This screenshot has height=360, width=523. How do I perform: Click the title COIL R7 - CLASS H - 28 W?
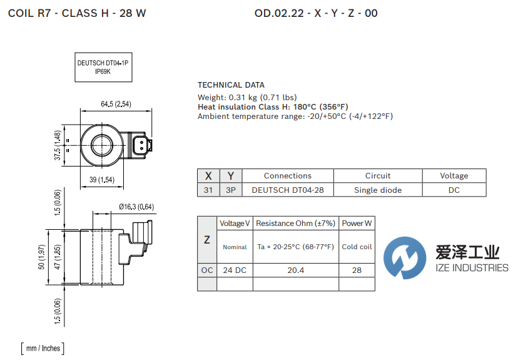(x=77, y=13)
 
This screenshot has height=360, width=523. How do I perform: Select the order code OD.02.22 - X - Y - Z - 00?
(x=316, y=13)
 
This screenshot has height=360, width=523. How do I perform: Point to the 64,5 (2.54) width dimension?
(x=115, y=104)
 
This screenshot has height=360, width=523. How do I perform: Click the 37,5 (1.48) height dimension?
(x=58, y=145)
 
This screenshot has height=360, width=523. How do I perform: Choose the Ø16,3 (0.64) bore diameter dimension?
(x=136, y=207)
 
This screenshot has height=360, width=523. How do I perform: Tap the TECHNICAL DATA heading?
(x=231, y=85)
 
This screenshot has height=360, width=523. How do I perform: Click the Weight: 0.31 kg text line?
(x=247, y=98)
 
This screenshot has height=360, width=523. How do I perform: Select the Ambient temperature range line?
(x=295, y=116)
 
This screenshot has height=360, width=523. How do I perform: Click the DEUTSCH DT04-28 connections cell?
(x=288, y=190)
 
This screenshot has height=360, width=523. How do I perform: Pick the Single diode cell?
(x=377, y=190)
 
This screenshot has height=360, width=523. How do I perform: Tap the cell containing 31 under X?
(x=208, y=190)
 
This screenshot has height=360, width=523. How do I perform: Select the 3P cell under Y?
(x=231, y=190)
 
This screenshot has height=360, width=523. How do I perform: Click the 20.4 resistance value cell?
(x=296, y=270)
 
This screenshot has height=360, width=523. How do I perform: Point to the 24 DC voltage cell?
(x=235, y=270)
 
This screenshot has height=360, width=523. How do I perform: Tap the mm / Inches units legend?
(x=42, y=348)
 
